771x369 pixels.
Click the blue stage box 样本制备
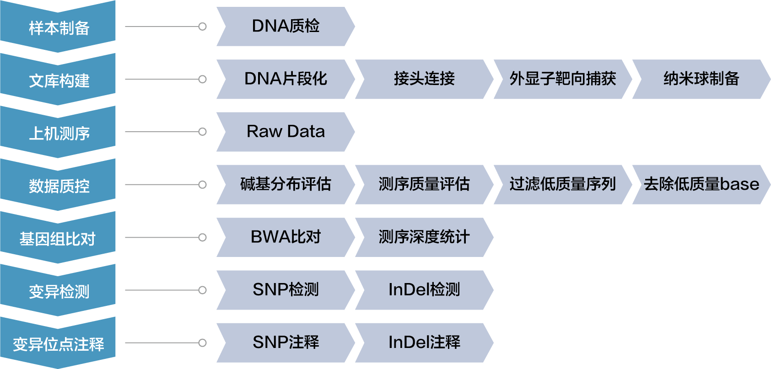click(x=58, y=27)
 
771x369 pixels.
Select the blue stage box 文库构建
click(x=58, y=80)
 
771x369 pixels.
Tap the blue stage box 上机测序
click(x=58, y=133)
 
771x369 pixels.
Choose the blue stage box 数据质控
click(x=58, y=185)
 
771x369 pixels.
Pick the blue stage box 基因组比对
click(x=58, y=238)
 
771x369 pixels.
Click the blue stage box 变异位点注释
click(x=58, y=343)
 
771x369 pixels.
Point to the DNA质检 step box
click(x=286, y=27)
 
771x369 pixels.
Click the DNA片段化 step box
click(x=286, y=79)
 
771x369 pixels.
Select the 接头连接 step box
click(x=424, y=79)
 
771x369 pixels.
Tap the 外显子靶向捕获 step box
click(x=562, y=79)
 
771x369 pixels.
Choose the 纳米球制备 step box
click(x=701, y=79)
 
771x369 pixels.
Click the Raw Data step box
click(x=286, y=132)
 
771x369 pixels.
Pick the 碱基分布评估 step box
click(x=286, y=184)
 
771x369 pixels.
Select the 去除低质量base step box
click(x=701, y=184)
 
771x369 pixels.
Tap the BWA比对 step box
click(x=286, y=237)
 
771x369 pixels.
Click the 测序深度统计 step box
click(x=424, y=237)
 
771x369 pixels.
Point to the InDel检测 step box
click(x=424, y=290)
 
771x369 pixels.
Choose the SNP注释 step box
click(x=286, y=342)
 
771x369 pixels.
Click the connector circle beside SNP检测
click(x=202, y=290)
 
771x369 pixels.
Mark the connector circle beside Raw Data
click(x=202, y=132)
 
